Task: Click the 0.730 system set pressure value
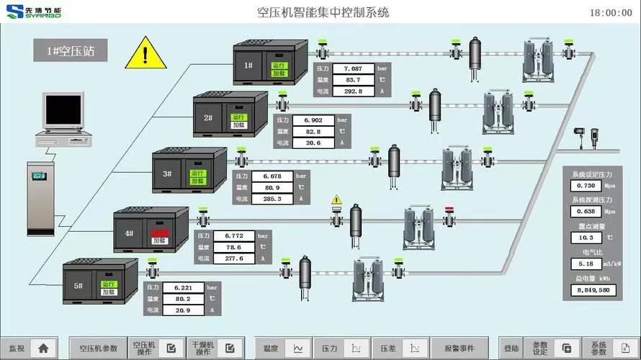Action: (x=586, y=186)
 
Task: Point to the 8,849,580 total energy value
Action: (x=594, y=290)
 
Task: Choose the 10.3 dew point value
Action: (x=586, y=238)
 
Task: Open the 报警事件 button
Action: (x=459, y=348)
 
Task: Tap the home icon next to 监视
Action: (x=43, y=348)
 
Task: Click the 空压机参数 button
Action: (x=99, y=348)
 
